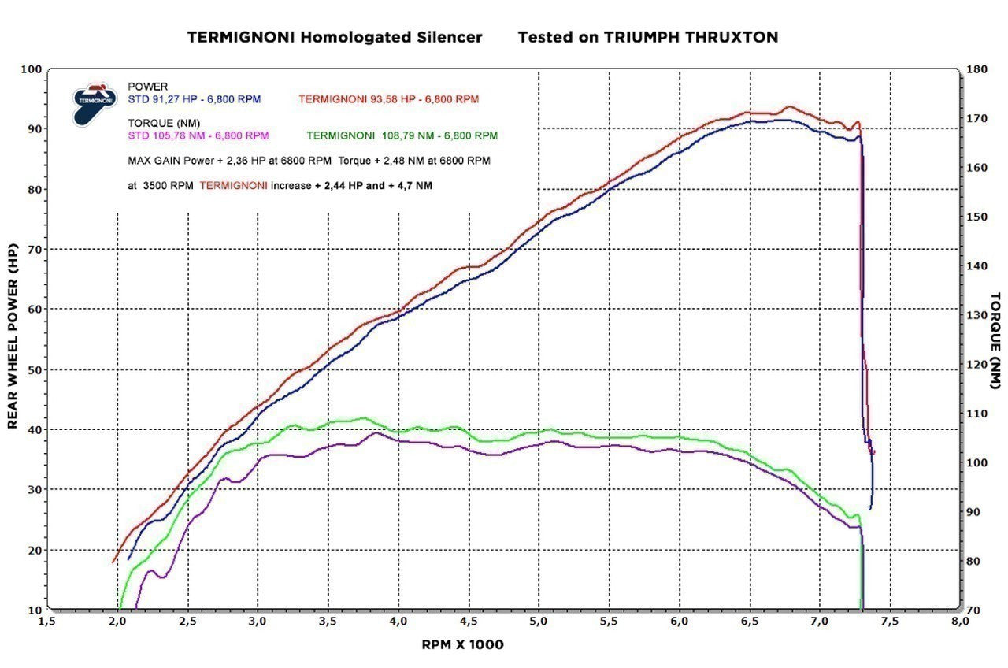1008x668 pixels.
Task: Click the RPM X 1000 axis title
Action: (462, 644)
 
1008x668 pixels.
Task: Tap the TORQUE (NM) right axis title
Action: (995, 340)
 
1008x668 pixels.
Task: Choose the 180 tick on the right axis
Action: (976, 69)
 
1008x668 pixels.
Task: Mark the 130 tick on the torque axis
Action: (976, 315)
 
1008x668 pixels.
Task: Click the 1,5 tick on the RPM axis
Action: (46, 621)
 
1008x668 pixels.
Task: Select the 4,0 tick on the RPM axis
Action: (398, 621)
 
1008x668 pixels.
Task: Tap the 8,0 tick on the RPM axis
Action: (959, 621)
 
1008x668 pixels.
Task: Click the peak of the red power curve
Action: (790, 107)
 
